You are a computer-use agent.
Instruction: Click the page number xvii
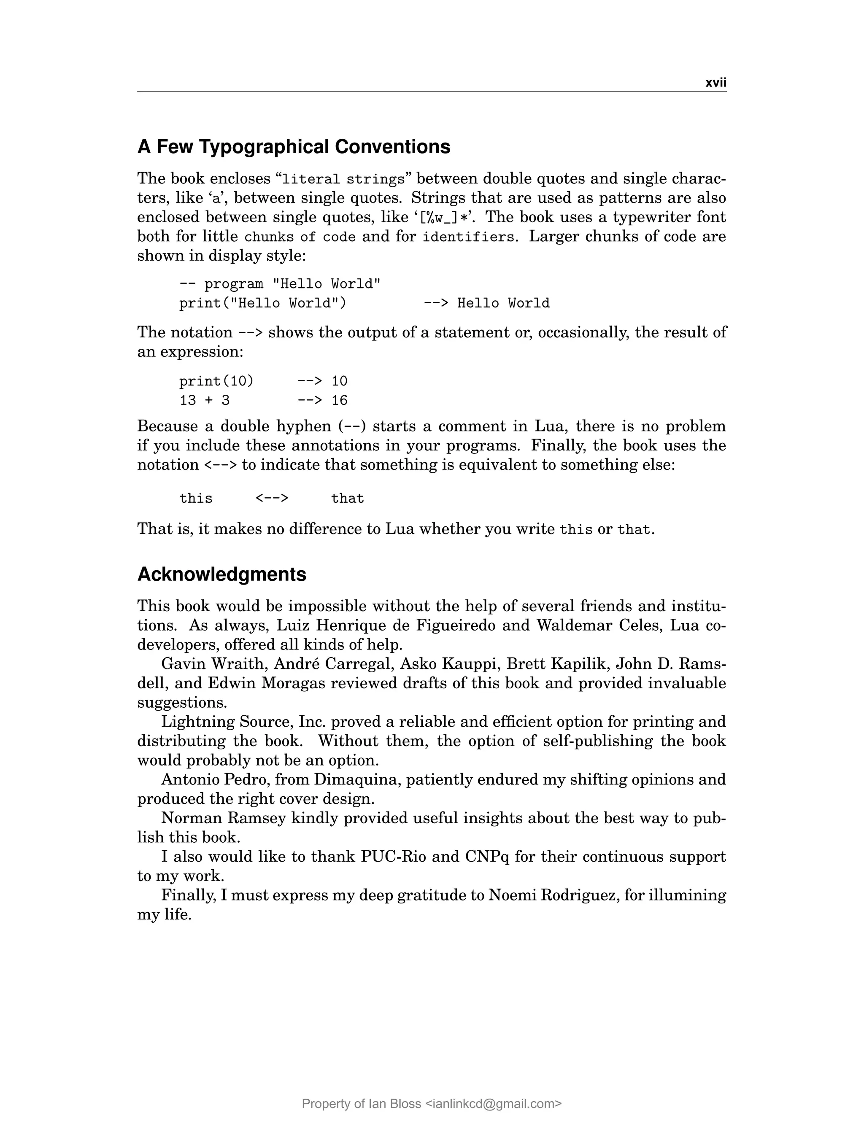(x=715, y=83)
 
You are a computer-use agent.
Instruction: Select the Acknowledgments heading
(x=221, y=574)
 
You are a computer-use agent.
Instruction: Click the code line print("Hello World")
(x=262, y=303)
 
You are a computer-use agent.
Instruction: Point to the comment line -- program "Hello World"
(x=280, y=284)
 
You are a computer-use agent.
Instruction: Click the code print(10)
(x=216, y=381)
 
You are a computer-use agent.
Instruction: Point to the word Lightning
(x=198, y=721)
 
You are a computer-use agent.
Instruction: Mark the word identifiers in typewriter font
(x=467, y=237)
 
